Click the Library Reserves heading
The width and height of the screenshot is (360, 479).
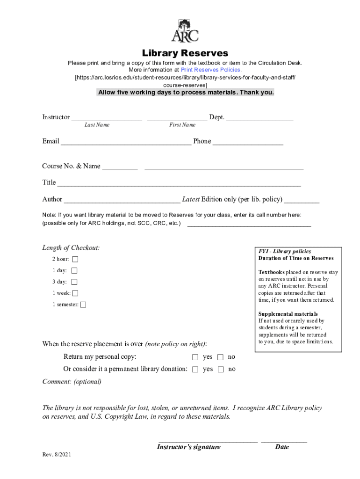coord(185,53)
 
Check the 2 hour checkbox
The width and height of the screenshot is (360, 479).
coord(75,259)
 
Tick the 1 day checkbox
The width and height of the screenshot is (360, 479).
coord(74,270)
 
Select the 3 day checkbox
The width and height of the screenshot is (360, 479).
coord(74,282)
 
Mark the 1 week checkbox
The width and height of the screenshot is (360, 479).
coord(75,293)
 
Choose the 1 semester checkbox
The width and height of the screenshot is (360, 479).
coord(83,305)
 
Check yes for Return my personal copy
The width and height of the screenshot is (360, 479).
coord(195,357)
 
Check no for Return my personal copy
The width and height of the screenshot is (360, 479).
coord(221,357)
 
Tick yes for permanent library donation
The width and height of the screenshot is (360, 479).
coord(195,370)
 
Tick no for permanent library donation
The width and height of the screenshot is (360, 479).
coord(221,370)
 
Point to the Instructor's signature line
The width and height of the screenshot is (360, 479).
coord(208,440)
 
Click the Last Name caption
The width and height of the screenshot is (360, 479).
coord(97,125)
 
